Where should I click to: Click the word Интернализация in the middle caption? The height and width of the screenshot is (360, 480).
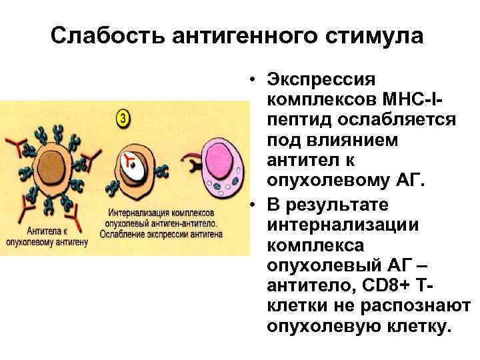click(x=132, y=214)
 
